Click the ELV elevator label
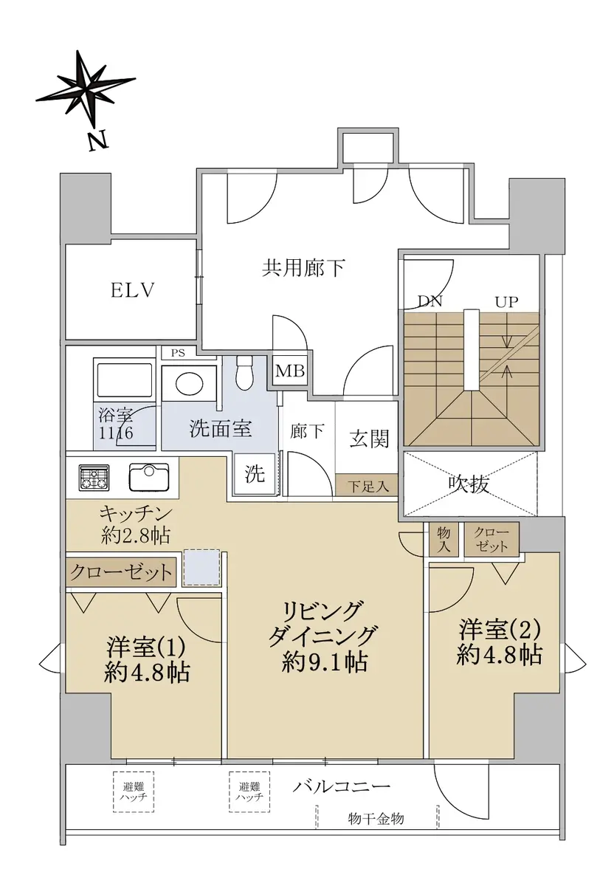click(131, 291)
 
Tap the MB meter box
click(290, 371)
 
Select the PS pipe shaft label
click(178, 353)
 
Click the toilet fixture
click(244, 372)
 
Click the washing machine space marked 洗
click(254, 474)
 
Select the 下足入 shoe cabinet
click(367, 485)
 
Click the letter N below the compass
click(97, 141)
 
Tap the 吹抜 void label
click(469, 484)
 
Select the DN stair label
click(430, 302)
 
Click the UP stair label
click(507, 302)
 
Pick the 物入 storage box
click(444, 540)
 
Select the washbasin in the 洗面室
click(190, 384)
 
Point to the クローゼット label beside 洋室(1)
click(121, 572)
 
